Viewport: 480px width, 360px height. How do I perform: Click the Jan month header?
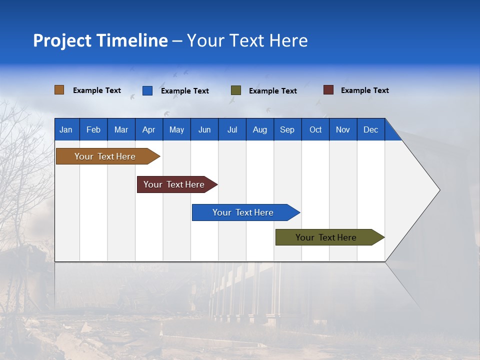(x=66, y=129)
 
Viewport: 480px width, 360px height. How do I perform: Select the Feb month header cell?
(x=93, y=129)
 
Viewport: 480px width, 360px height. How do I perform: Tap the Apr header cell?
(x=149, y=129)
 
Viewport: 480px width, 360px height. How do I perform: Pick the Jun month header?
(x=204, y=129)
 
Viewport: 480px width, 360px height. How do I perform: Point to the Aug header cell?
(x=260, y=129)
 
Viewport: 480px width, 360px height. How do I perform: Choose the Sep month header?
(x=287, y=129)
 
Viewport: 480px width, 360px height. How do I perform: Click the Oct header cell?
(x=315, y=129)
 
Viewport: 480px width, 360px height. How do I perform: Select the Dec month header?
(x=371, y=129)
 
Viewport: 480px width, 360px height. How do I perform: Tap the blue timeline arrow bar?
(x=243, y=212)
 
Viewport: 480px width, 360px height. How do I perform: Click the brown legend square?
(x=59, y=90)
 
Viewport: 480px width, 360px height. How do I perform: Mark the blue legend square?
(x=147, y=90)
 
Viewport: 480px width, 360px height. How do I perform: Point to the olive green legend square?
(x=236, y=90)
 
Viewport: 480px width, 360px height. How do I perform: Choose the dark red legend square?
(x=328, y=90)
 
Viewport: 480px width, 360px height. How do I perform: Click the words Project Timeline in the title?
(x=100, y=40)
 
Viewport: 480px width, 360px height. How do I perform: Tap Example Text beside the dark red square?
(x=365, y=90)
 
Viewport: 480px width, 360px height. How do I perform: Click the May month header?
(x=176, y=129)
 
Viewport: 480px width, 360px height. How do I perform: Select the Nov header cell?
(x=343, y=129)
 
